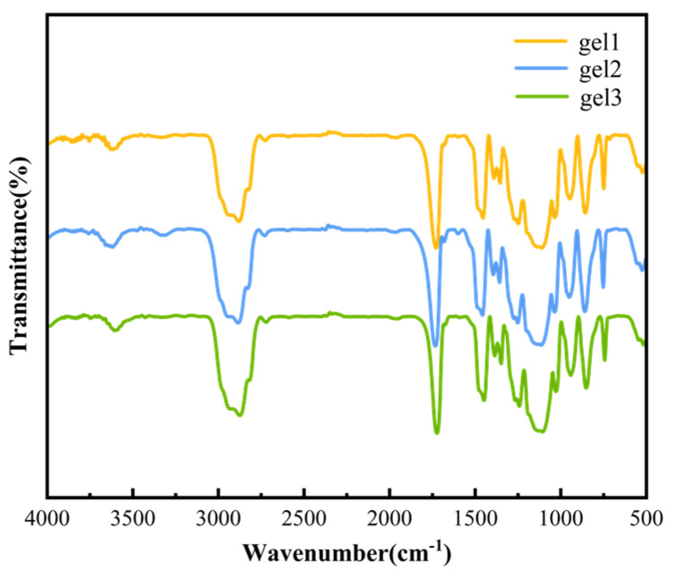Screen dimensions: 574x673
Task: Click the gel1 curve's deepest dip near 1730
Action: pyautogui.click(x=436, y=247)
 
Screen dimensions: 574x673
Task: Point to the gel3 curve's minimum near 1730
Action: pyautogui.click(x=437, y=433)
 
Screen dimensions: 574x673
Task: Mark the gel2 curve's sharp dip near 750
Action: pyautogui.click(x=603, y=287)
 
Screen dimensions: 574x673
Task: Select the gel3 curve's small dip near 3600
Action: pyautogui.click(x=116, y=330)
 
